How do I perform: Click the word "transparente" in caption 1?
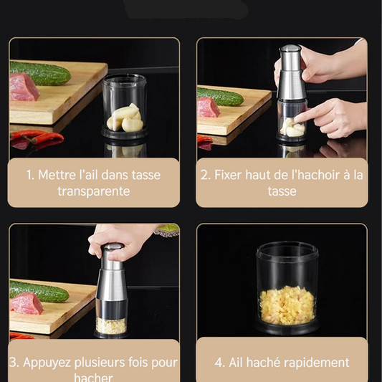tap(94, 191)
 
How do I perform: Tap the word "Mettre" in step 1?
tap(57, 175)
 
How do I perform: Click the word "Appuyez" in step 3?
tap(47, 363)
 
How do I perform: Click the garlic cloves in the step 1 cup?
tap(125, 118)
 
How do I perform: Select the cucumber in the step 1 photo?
tap(40, 73)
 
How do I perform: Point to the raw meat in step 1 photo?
tap(24, 87)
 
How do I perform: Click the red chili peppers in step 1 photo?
tap(37, 138)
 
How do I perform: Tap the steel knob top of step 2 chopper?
tap(290, 48)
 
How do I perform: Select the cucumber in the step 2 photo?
tap(220, 97)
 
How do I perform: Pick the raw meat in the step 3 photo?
tap(27, 304)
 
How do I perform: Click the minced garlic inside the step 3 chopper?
tap(111, 325)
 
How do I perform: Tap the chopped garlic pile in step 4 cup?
tap(287, 305)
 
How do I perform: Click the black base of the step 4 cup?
tap(287, 327)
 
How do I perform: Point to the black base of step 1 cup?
tap(124, 134)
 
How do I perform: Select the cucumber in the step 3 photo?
tap(39, 292)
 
